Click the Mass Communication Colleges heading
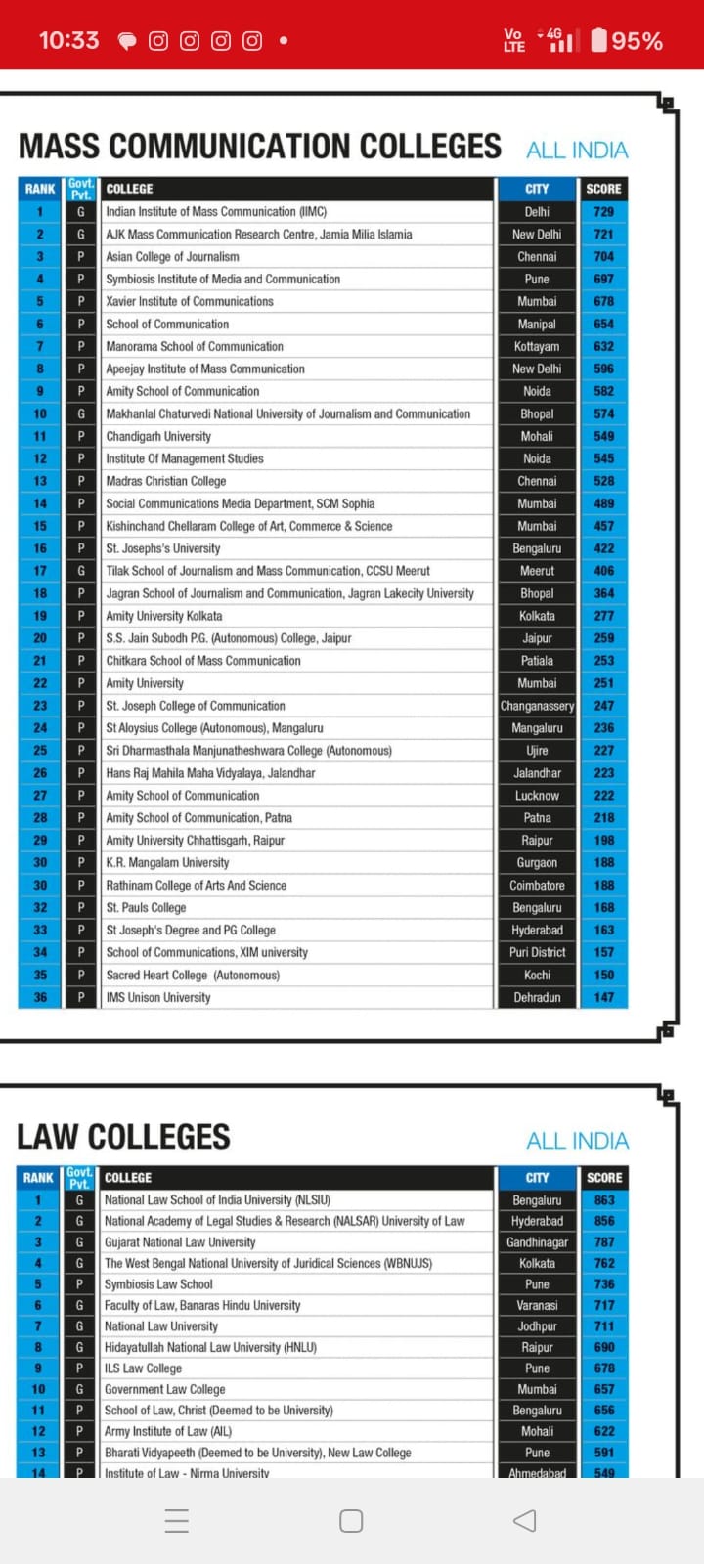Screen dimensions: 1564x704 pos(260,147)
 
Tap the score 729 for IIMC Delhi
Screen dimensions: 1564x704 pos(603,211)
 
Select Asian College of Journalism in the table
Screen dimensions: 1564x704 pos(172,256)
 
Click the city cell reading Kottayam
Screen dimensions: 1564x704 pos(537,346)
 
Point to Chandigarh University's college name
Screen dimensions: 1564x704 pos(158,436)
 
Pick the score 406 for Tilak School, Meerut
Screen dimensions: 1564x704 pos(603,571)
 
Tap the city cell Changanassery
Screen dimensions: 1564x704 pos(537,706)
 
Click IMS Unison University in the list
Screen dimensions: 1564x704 pos(158,997)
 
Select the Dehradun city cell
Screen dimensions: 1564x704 pos(537,997)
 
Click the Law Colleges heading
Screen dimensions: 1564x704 pos(124,1137)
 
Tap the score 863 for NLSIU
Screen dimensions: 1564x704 pos(604,1200)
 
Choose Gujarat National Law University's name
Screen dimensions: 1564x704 pos(180,1242)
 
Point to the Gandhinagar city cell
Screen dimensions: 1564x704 pos(537,1242)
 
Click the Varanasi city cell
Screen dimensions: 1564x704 pos(537,1305)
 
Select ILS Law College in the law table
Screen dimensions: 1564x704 pos(143,1368)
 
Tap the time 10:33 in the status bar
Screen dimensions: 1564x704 pos(68,40)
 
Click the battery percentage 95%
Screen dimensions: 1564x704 pos(637,41)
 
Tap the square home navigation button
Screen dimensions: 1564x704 pos(351,1521)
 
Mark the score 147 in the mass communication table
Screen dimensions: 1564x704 pos(603,997)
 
